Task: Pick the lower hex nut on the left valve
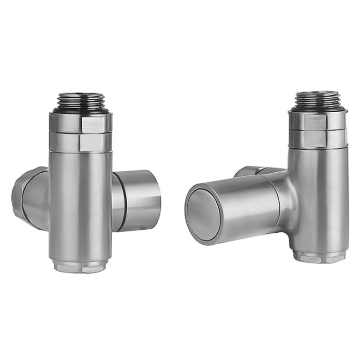(81, 142)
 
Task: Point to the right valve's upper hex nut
(318, 121)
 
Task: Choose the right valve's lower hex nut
(318, 137)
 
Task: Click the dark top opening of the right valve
(317, 93)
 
